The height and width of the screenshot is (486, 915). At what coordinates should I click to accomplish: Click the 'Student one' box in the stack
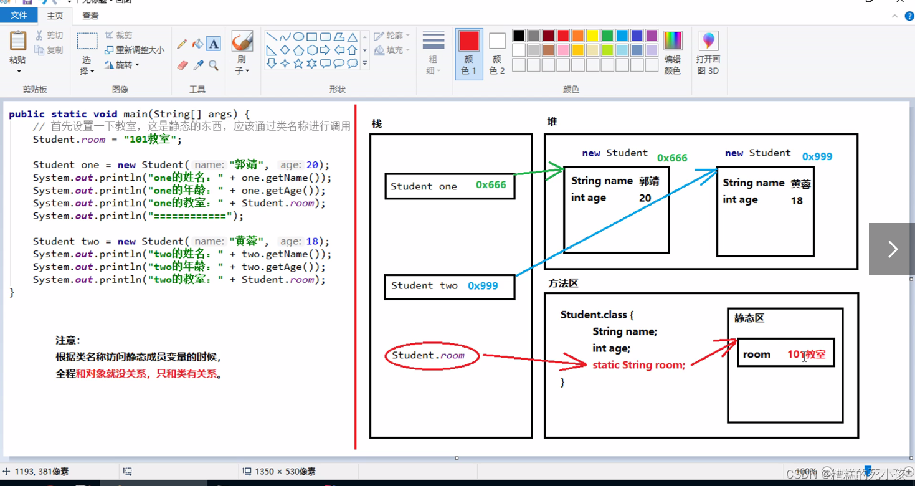[x=450, y=186]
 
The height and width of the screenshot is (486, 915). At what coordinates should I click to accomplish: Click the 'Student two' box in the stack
[x=449, y=286]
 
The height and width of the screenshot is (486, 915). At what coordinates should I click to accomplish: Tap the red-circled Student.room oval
[x=432, y=356]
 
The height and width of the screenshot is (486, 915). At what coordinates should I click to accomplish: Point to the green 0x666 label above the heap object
[x=672, y=158]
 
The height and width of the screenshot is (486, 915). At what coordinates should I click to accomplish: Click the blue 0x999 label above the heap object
[x=817, y=156]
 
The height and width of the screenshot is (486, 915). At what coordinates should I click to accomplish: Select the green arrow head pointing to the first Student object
[x=556, y=170]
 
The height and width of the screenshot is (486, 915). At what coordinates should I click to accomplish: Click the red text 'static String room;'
[x=638, y=365]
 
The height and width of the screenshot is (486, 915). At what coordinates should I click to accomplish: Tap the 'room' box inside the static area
[x=785, y=354]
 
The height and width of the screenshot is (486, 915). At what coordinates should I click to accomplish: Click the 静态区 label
[x=749, y=318]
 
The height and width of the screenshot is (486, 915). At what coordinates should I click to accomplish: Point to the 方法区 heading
[x=563, y=283]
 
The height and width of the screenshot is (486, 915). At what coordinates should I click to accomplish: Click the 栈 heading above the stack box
[x=376, y=124]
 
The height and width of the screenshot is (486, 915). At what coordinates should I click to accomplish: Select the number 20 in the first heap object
[x=645, y=198]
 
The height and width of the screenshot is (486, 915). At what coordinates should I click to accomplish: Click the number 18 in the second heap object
[x=797, y=201]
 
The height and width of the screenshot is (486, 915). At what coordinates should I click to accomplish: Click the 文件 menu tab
[x=19, y=16]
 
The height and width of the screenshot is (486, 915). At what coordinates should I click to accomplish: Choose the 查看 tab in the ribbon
[x=90, y=16]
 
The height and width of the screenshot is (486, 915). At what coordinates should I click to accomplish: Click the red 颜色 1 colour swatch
[x=469, y=42]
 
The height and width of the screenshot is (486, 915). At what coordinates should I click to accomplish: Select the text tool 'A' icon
[x=214, y=44]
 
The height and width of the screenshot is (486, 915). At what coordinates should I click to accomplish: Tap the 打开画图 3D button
[x=708, y=53]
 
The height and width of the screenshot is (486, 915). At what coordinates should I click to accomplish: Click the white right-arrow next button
[x=892, y=249]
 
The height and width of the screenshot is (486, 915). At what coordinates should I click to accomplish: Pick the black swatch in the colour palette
[x=519, y=36]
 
